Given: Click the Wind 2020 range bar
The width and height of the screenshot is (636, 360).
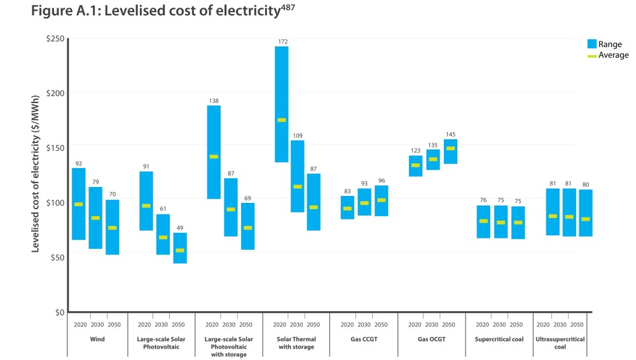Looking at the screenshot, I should click(78, 204).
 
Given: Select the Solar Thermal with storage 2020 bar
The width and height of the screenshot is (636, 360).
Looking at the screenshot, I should click(281, 104).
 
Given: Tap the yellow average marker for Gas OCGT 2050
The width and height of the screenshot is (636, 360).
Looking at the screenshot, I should click(450, 148).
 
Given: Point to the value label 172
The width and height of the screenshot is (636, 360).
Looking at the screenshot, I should click(282, 42).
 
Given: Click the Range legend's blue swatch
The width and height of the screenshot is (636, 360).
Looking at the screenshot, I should click(591, 44).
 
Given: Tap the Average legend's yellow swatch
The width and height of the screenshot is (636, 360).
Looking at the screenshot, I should click(591, 56).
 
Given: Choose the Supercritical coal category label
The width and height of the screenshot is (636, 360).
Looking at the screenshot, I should click(499, 340).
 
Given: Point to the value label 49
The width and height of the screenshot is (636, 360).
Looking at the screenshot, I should click(180, 228).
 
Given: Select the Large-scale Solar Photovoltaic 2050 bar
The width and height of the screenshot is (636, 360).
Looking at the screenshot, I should click(180, 248).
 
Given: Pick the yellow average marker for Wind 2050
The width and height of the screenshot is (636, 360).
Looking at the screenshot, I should click(113, 228).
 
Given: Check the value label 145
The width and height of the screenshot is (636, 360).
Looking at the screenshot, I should click(450, 135).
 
